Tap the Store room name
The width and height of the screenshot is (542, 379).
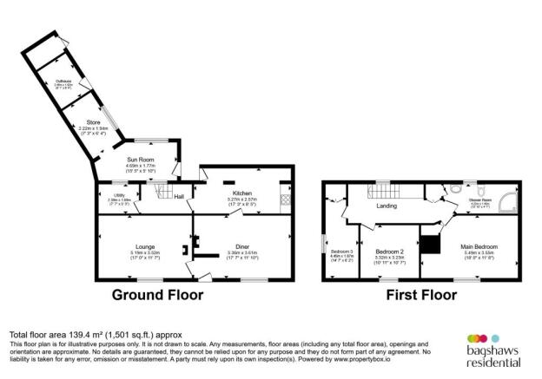point(81,123)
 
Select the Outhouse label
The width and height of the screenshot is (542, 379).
point(63,82)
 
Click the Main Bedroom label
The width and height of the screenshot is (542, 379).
point(478,247)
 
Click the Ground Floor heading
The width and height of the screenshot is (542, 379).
point(159,295)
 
